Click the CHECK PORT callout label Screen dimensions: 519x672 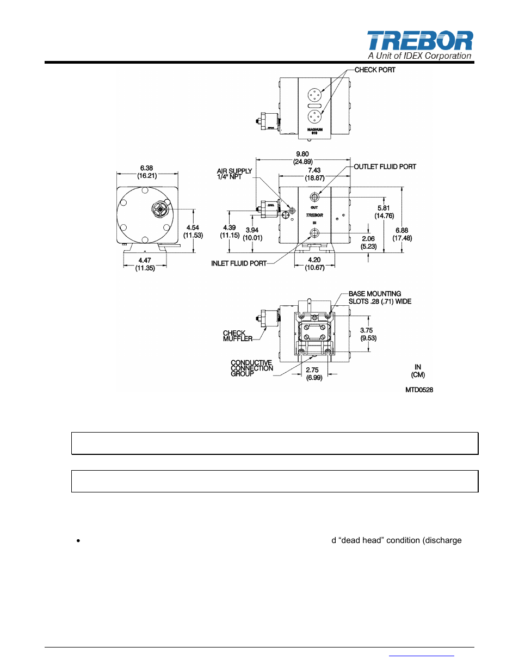[375, 70]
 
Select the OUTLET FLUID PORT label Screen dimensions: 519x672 [385, 167]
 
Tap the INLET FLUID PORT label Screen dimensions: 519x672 [239, 263]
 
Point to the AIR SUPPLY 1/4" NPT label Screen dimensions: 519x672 [234, 174]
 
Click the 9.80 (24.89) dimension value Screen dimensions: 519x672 [302, 158]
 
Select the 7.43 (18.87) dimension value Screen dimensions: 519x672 [314, 174]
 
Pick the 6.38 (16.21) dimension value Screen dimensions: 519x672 [146, 172]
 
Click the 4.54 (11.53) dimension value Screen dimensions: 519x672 [193, 231]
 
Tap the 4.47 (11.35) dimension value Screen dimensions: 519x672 [145, 264]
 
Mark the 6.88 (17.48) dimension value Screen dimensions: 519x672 [402, 234]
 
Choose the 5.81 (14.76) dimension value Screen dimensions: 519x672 [384, 212]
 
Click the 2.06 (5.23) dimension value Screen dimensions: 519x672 [368, 242]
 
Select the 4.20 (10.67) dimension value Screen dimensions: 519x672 [314, 263]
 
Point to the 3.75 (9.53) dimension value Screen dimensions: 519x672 [367, 334]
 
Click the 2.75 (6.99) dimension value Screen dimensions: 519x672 [313, 374]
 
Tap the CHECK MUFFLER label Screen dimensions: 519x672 [237, 336]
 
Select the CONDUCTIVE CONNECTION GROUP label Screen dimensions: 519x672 [251, 368]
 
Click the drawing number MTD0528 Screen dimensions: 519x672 [419, 390]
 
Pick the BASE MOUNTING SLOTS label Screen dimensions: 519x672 [380, 298]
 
